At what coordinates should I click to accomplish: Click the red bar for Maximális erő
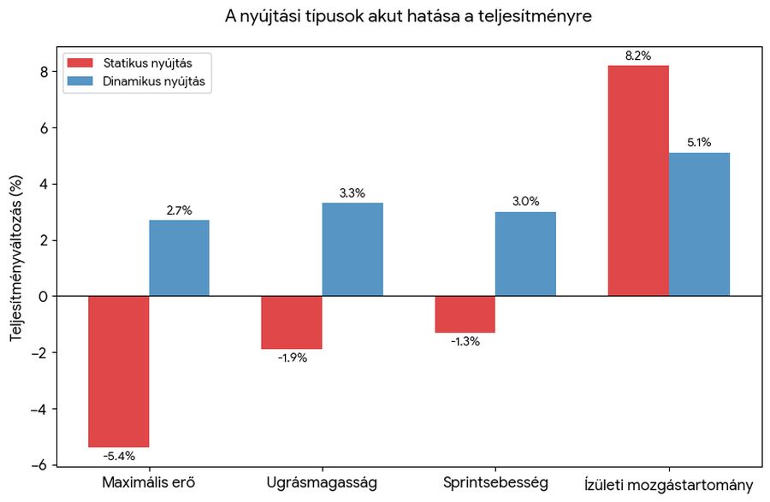click(119, 371)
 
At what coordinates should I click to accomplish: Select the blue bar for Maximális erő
click(179, 258)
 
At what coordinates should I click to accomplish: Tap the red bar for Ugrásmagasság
click(292, 322)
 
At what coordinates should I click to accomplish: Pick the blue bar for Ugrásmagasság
click(352, 250)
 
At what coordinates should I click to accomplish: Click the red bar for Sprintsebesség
click(465, 314)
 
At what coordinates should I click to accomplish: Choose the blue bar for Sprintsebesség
click(525, 254)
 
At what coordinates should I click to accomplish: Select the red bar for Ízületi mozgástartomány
click(638, 180)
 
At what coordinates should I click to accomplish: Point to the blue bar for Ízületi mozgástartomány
click(699, 224)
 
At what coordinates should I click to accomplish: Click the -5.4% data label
click(119, 456)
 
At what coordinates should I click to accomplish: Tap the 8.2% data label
click(638, 56)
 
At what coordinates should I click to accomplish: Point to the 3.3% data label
click(352, 193)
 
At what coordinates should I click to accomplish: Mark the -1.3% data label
click(465, 341)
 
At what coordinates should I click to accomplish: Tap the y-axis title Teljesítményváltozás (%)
click(16, 256)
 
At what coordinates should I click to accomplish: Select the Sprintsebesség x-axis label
click(495, 482)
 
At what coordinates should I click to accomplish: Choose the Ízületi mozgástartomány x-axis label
click(668, 483)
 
